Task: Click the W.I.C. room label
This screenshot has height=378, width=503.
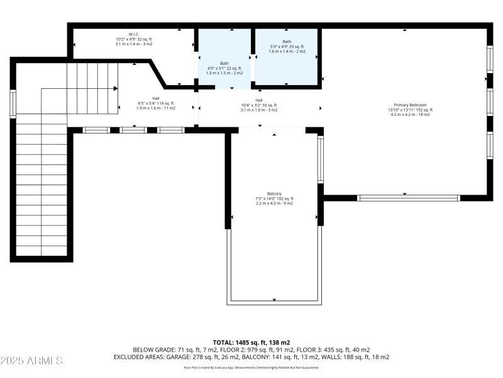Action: click(x=133, y=34)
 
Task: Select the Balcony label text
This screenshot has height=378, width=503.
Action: click(x=274, y=193)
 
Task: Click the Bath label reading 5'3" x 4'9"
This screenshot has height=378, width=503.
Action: click(x=287, y=42)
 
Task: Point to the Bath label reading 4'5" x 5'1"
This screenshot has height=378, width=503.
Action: click(x=224, y=63)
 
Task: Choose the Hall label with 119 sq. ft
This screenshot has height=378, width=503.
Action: click(x=155, y=98)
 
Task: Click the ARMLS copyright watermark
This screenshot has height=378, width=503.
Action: click(x=31, y=361)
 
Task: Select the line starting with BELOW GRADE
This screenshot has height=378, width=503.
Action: click(x=251, y=350)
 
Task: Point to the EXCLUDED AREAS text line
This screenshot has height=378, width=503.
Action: click(x=251, y=357)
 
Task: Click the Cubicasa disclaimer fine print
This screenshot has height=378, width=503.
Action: click(x=251, y=367)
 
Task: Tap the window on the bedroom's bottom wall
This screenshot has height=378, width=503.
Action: click(x=409, y=198)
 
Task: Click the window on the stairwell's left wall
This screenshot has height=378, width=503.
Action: click(x=13, y=104)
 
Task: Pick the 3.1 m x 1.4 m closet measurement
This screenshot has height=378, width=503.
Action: click(x=133, y=44)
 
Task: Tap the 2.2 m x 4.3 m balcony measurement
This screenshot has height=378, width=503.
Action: click(x=274, y=203)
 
